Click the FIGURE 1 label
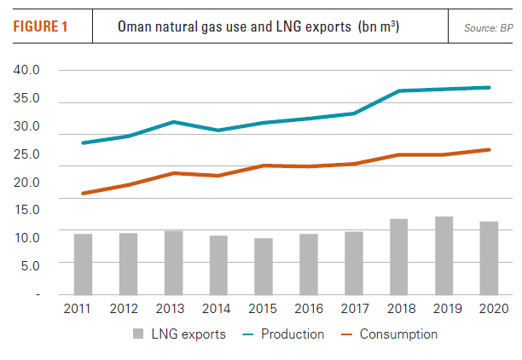coord(40,26)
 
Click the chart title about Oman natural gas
coord(258,26)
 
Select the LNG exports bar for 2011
coord(83,264)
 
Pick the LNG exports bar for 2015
coord(264,266)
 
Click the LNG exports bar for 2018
coord(399,257)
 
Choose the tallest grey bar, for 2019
coord(444,255)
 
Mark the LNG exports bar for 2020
coord(490,258)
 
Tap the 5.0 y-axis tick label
coord(27,265)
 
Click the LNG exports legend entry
coord(178,334)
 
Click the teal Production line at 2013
coord(173,122)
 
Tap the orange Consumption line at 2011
coord(83,194)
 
